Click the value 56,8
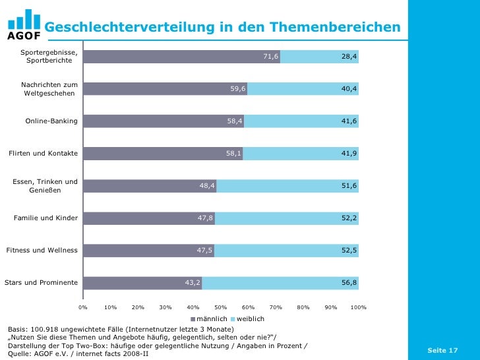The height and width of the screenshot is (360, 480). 349,283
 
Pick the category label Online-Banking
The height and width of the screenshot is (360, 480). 51,121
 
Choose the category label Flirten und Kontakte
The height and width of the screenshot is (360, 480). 43,154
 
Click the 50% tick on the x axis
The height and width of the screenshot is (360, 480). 221,307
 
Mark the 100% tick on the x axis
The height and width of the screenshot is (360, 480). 359,307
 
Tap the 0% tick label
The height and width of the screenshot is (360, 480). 83,307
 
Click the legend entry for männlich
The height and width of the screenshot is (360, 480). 208,319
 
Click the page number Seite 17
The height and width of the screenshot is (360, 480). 442,350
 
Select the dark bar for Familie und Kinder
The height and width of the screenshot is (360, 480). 148,218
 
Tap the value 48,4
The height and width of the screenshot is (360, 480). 207,186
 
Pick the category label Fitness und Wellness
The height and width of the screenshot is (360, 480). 42,251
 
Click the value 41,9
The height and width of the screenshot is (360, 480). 349,154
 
